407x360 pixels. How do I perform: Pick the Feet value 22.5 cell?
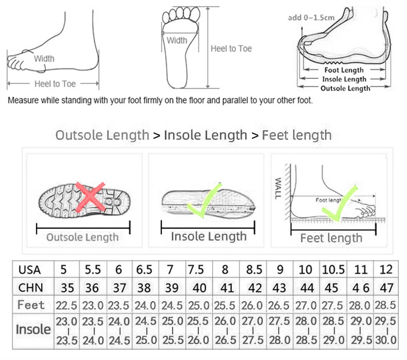(x=68, y=305)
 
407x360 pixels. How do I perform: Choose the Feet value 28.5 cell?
(x=385, y=305)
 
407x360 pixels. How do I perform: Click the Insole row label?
(x=33, y=329)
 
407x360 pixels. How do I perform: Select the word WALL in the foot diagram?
(x=278, y=188)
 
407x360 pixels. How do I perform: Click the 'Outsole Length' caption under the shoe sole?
(x=82, y=237)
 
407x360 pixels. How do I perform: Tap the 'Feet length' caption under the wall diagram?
(x=331, y=238)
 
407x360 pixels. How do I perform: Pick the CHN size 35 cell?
(x=68, y=287)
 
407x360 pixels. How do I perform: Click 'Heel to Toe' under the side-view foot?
(x=55, y=84)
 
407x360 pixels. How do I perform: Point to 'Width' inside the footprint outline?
(x=177, y=40)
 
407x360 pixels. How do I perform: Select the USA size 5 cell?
(x=64, y=269)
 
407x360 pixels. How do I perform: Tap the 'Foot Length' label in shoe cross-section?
(x=344, y=70)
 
